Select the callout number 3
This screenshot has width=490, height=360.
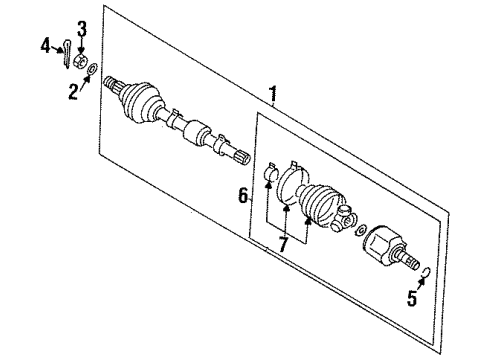(x=82, y=26)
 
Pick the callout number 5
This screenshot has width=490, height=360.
(x=411, y=296)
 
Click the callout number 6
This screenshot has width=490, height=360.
(x=241, y=198)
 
